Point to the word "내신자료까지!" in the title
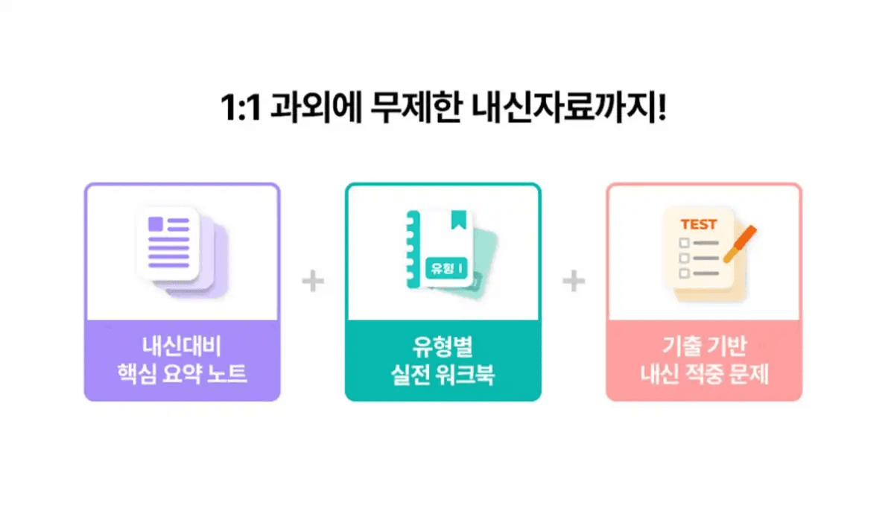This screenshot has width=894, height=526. (x=569, y=110)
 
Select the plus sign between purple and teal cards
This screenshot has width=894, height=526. (x=313, y=282)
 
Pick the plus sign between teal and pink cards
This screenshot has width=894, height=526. (x=574, y=282)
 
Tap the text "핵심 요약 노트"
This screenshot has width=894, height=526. (x=182, y=374)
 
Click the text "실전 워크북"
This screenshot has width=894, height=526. (x=443, y=374)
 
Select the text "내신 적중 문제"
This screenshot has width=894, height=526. (x=704, y=374)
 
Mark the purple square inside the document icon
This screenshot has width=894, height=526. (x=156, y=224)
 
